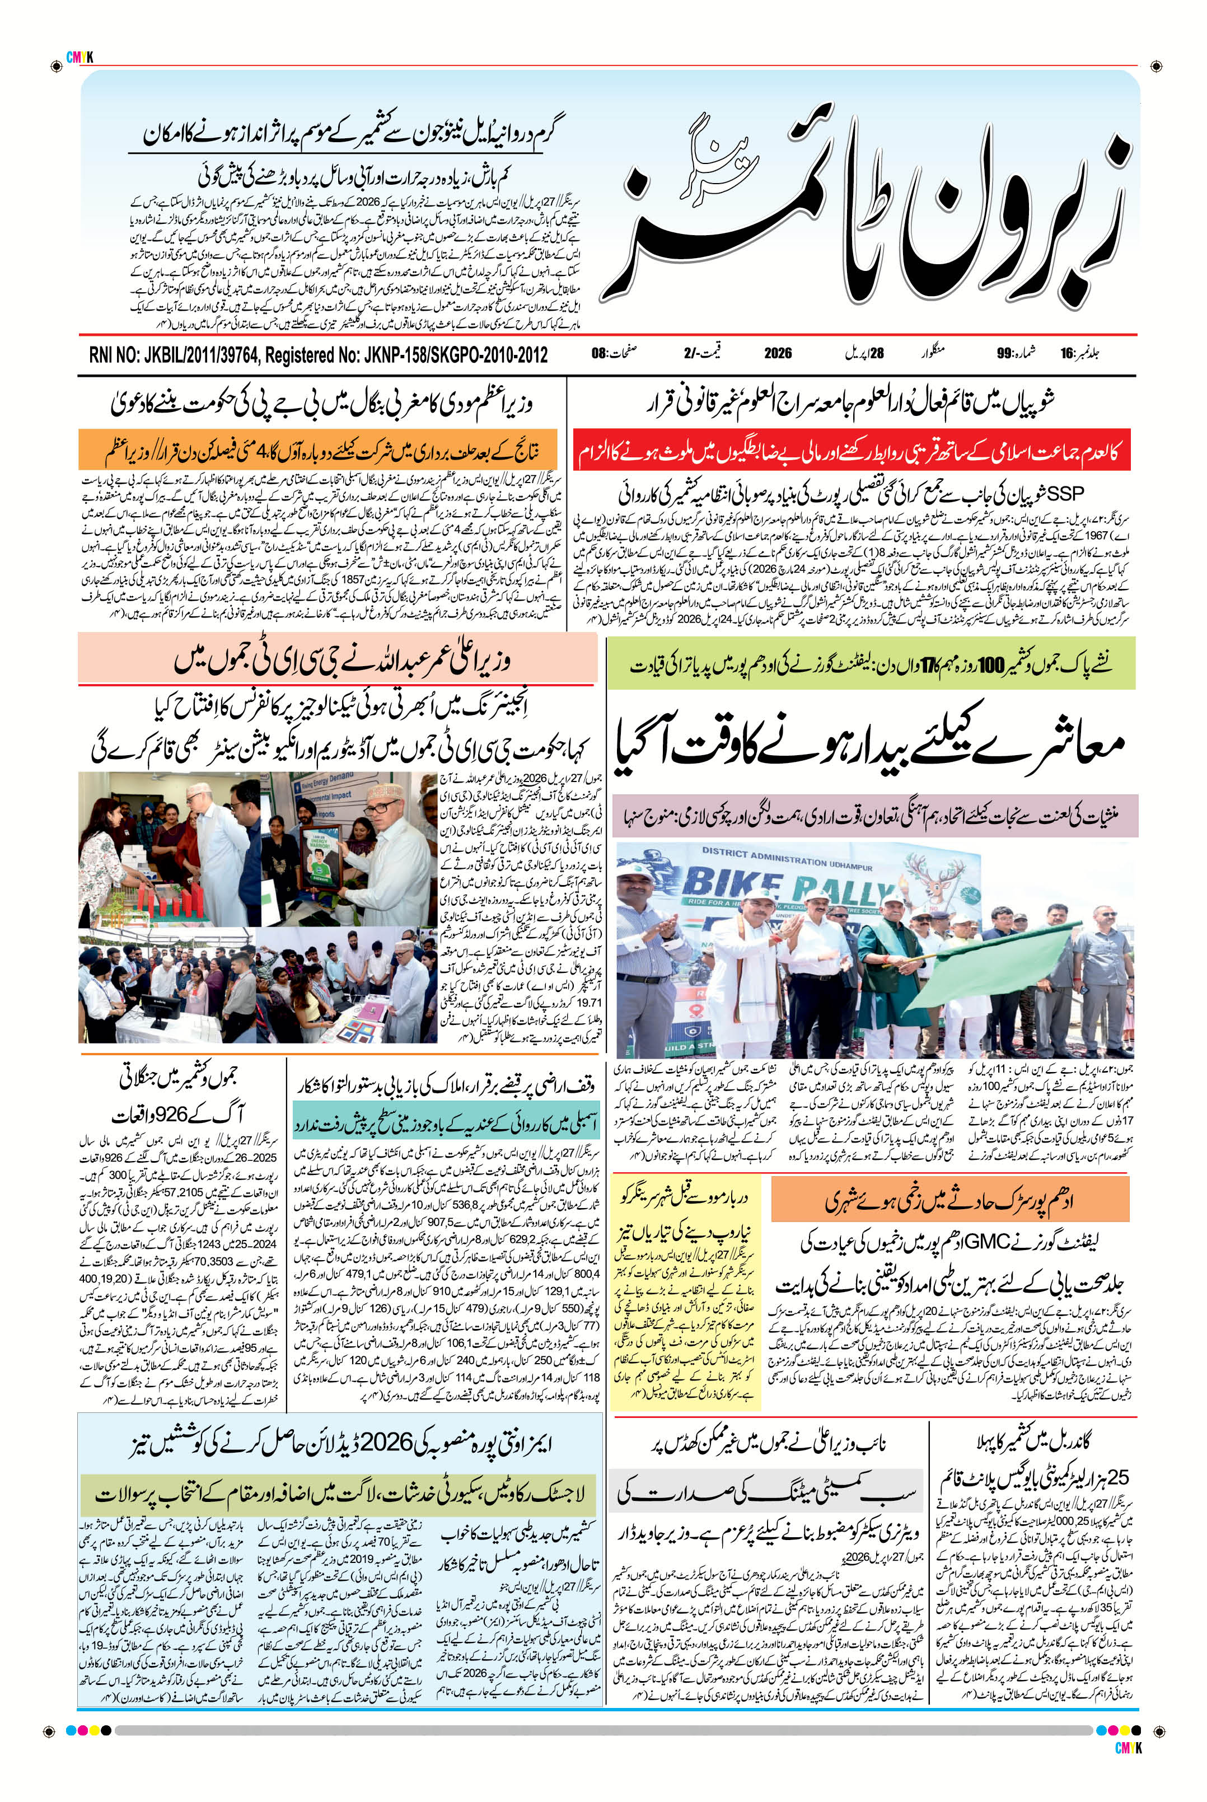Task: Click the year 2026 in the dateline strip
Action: point(778,354)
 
